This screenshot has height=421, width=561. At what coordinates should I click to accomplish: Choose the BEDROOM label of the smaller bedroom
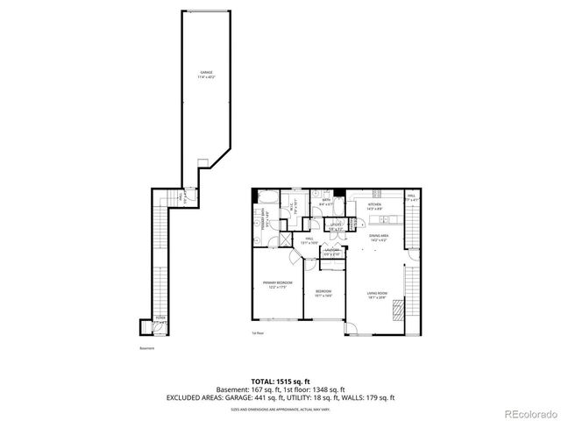click(323, 291)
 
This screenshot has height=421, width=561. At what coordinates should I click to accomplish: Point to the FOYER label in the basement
click(160, 319)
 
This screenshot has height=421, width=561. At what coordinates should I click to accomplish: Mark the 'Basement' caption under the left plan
click(146, 348)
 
